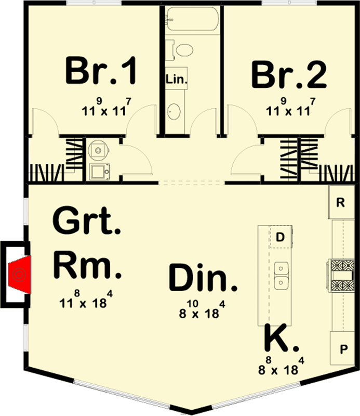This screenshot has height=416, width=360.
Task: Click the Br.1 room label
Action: tap(101, 71)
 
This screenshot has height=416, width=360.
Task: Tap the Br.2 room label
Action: tap(289, 74)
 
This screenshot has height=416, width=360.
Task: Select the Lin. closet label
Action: tap(177, 79)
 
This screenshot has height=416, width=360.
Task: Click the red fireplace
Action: tap(20, 275)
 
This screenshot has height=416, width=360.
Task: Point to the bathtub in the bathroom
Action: tap(193, 19)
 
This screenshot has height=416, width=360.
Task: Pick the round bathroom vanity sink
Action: tap(174, 111)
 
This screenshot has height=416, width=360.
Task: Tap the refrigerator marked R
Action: tap(341, 202)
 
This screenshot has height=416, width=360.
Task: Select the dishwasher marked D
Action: tap(281, 237)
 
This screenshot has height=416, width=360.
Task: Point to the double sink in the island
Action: tap(281, 276)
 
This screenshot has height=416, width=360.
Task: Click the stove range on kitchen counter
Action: tap(341, 276)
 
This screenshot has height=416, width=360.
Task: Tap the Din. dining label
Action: tap(203, 278)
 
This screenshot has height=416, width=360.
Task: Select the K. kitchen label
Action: tap(282, 337)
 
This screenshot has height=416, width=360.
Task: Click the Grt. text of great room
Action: tap(87, 221)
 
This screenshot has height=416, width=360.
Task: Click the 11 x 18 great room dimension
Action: tap(86, 300)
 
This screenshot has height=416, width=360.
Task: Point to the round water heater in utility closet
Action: tap(98, 150)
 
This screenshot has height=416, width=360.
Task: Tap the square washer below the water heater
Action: tap(99, 172)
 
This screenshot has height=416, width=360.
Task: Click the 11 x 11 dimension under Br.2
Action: tap(291, 107)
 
